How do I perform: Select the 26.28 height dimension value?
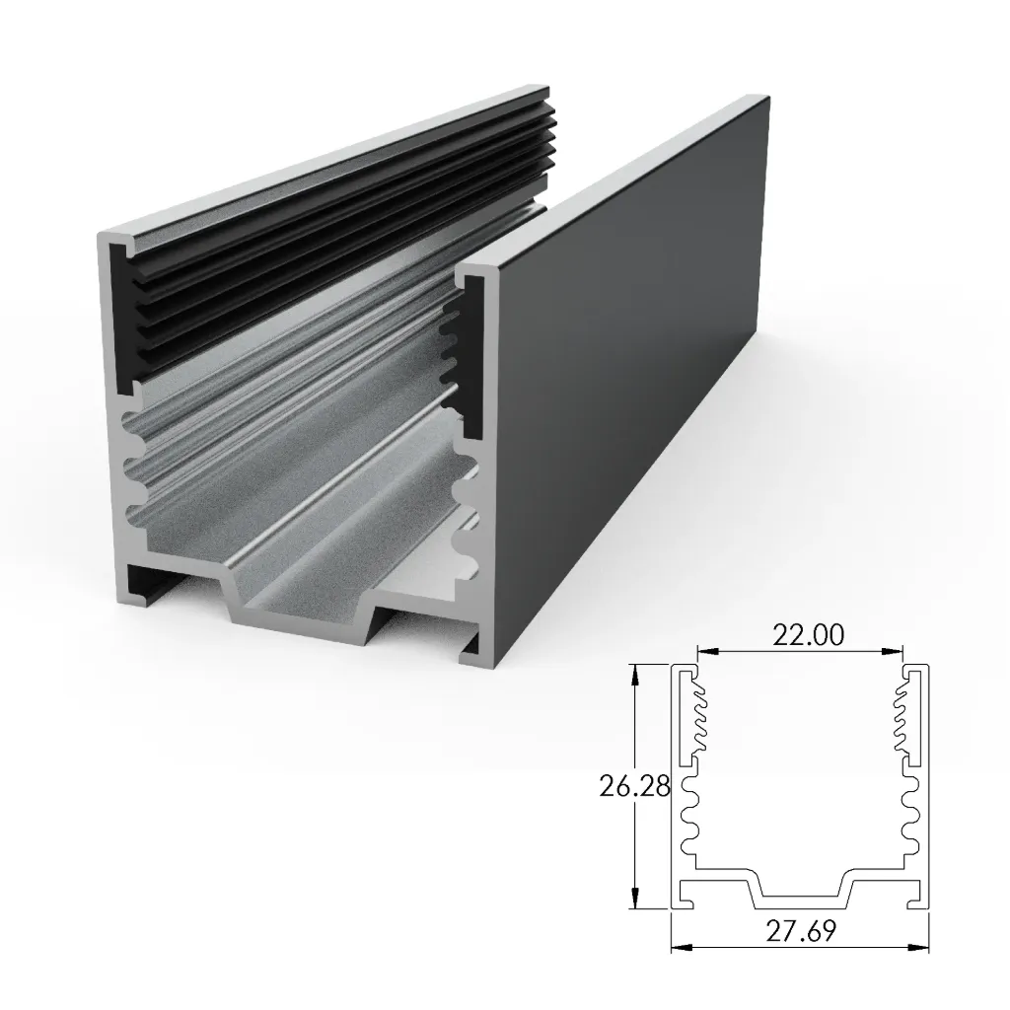pyautogui.click(x=635, y=786)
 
